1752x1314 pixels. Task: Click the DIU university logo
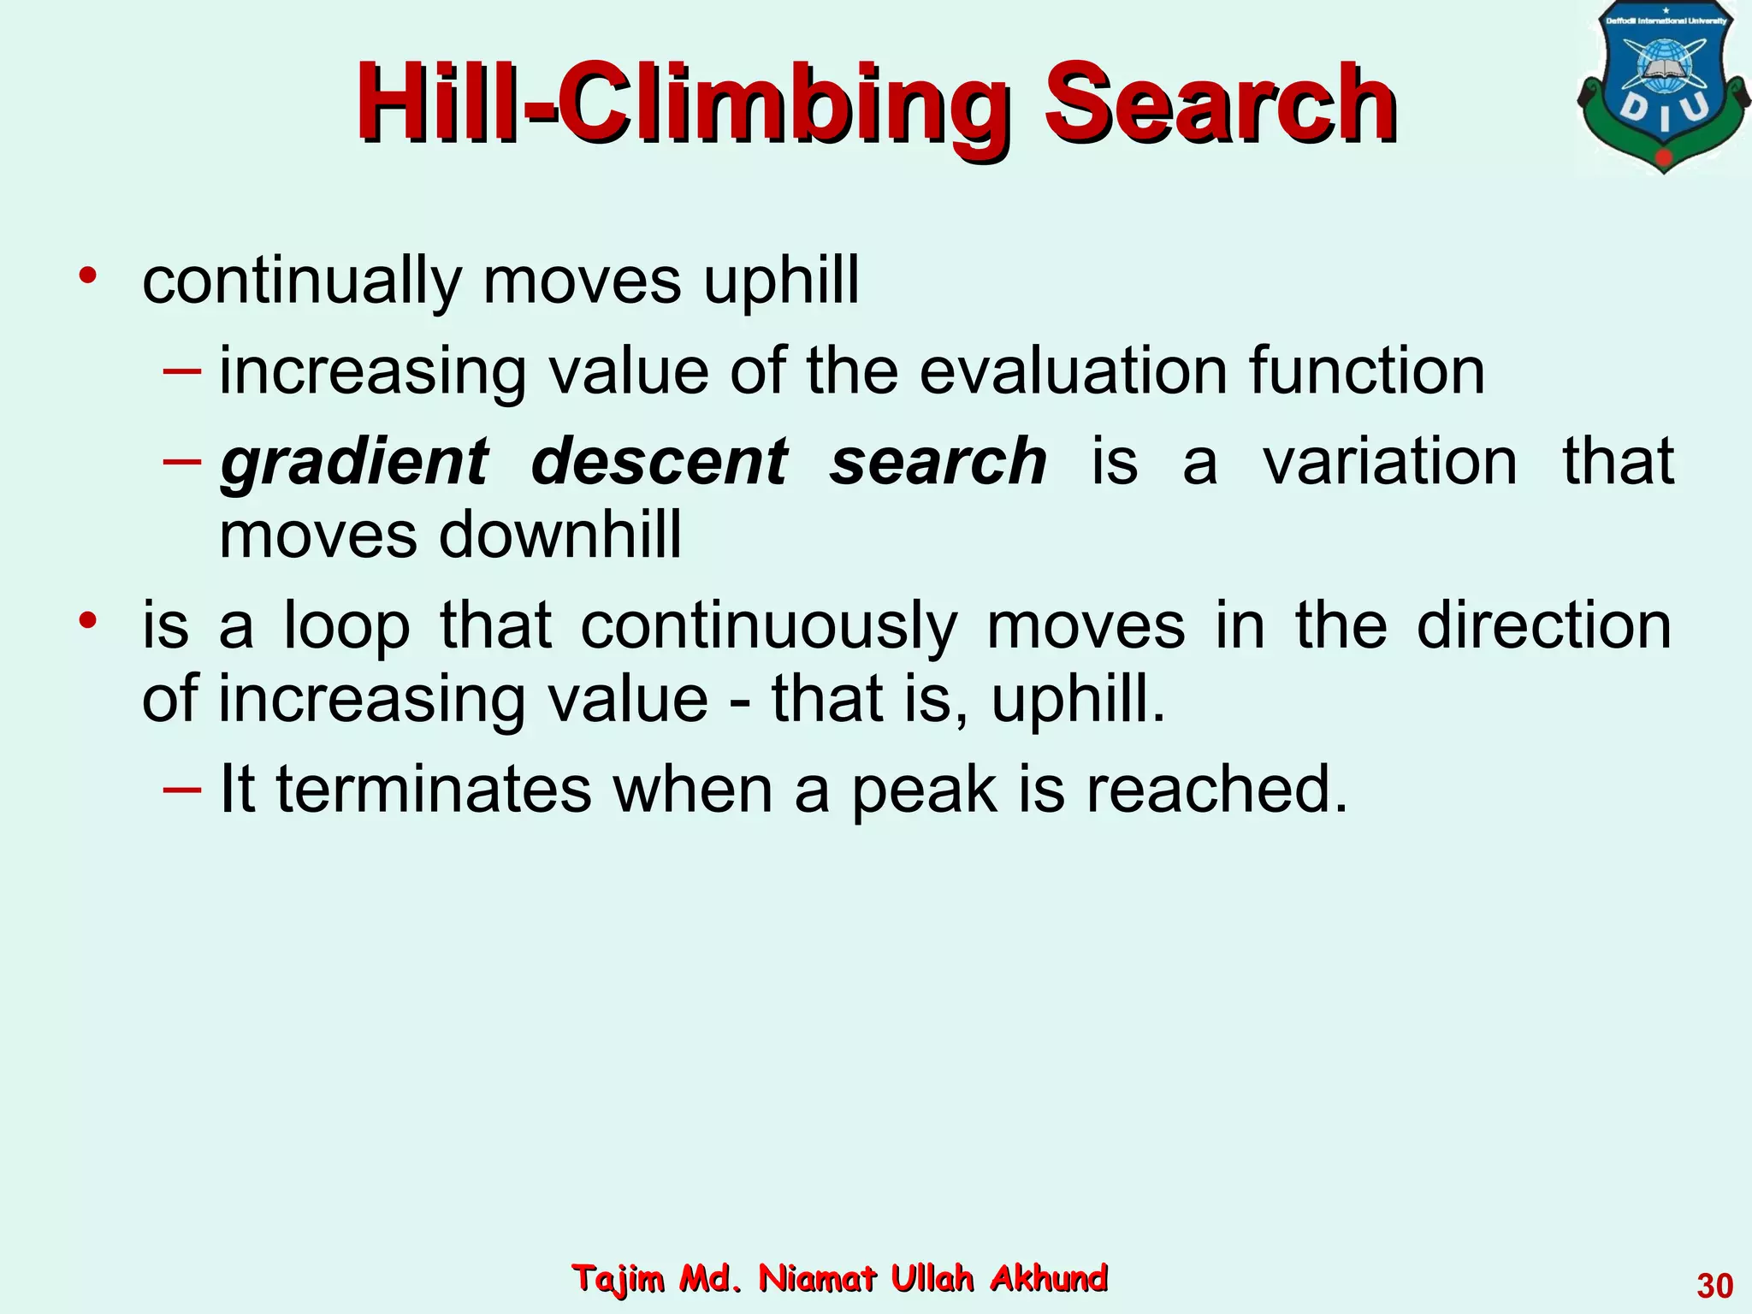1663,90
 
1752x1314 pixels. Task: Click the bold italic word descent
658,462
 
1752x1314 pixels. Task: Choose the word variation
1389,462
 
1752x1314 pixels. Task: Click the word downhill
560,536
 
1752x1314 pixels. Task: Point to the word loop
346,626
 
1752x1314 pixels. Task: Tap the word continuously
769,628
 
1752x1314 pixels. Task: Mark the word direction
1543,626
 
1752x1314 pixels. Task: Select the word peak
924,791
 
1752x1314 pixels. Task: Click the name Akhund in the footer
1048,1278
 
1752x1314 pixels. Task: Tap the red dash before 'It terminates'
182,787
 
